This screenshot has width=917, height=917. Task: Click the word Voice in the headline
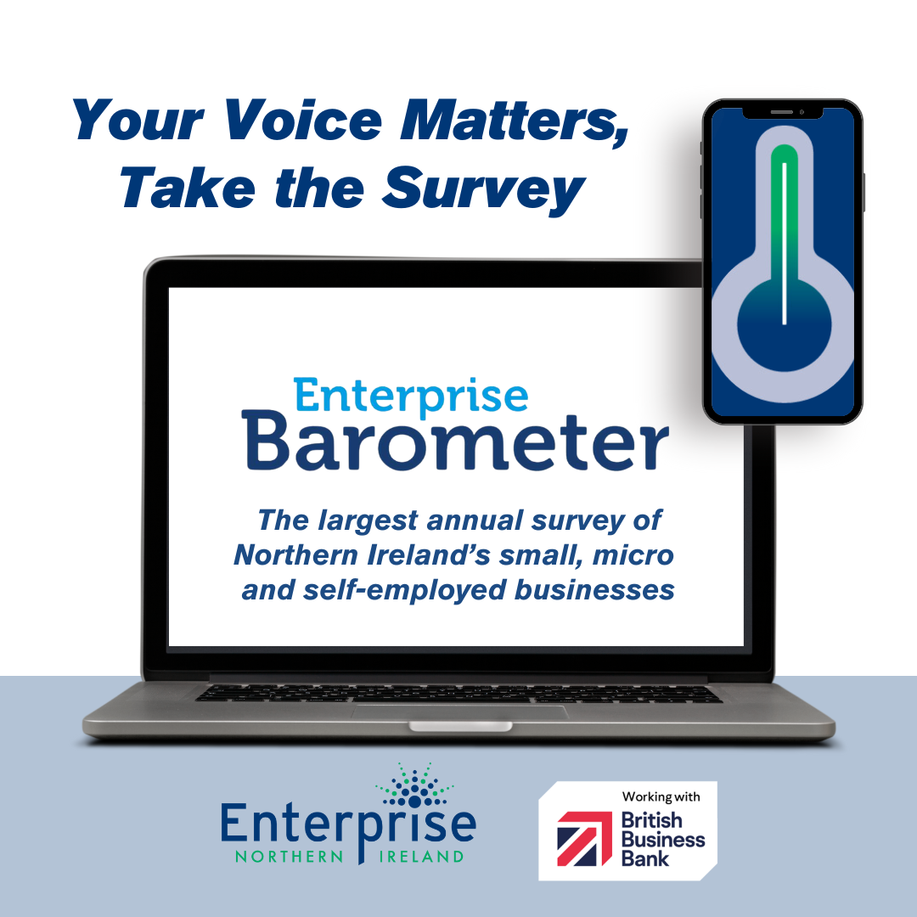(303, 120)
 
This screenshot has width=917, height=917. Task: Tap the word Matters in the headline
(514, 121)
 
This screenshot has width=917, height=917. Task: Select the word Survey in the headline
(484, 188)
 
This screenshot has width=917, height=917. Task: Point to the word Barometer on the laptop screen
(456, 442)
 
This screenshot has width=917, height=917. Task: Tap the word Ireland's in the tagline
(430, 555)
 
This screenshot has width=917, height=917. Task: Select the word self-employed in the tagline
(404, 590)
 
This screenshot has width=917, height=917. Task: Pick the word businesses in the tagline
(594, 589)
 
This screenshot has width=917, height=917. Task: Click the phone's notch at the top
(783, 112)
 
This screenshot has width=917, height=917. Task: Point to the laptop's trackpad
(459, 712)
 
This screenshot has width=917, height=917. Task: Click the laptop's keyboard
(458, 693)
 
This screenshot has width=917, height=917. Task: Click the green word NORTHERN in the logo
(289, 857)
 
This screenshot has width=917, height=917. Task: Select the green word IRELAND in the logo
(422, 857)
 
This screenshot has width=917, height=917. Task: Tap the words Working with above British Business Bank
(661, 796)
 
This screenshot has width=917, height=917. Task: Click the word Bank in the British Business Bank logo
(644, 858)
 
